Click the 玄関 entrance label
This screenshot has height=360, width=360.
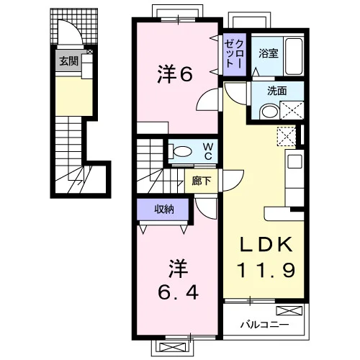(69, 61)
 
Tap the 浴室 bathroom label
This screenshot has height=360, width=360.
(269, 53)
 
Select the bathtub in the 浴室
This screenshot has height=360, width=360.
(294, 55)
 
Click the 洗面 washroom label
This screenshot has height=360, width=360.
(277, 91)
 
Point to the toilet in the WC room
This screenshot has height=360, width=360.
(181, 151)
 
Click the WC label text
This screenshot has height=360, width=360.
(207, 151)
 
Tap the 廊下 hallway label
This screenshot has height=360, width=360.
(202, 181)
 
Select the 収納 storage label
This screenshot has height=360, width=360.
(164, 210)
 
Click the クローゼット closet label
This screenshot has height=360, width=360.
(235, 54)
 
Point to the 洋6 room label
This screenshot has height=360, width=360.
(175, 74)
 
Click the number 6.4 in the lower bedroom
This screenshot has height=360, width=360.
(178, 292)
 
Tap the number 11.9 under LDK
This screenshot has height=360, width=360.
(266, 270)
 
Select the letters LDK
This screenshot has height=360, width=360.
(266, 244)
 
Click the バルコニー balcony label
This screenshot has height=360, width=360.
(265, 325)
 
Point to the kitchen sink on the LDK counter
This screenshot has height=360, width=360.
(294, 161)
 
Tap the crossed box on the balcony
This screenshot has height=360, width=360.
(289, 310)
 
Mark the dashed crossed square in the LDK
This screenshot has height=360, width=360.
(286, 136)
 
